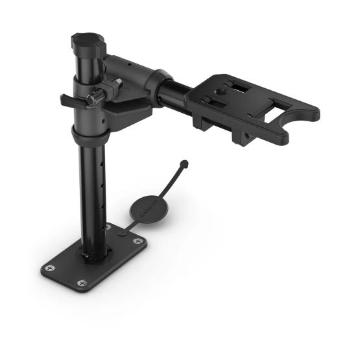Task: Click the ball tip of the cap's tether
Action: (185, 163)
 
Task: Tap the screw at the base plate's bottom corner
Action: (81, 283)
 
